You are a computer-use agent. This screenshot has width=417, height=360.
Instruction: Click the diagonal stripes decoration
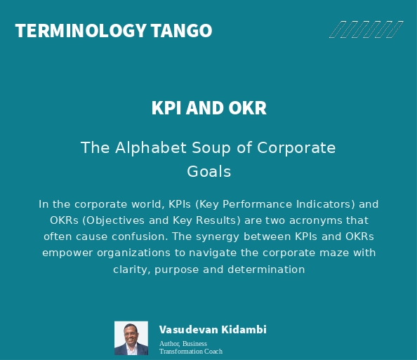click(366, 29)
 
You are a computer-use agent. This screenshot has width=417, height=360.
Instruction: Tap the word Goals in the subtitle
click(208, 171)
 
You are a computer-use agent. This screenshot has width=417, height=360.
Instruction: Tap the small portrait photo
click(131, 338)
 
